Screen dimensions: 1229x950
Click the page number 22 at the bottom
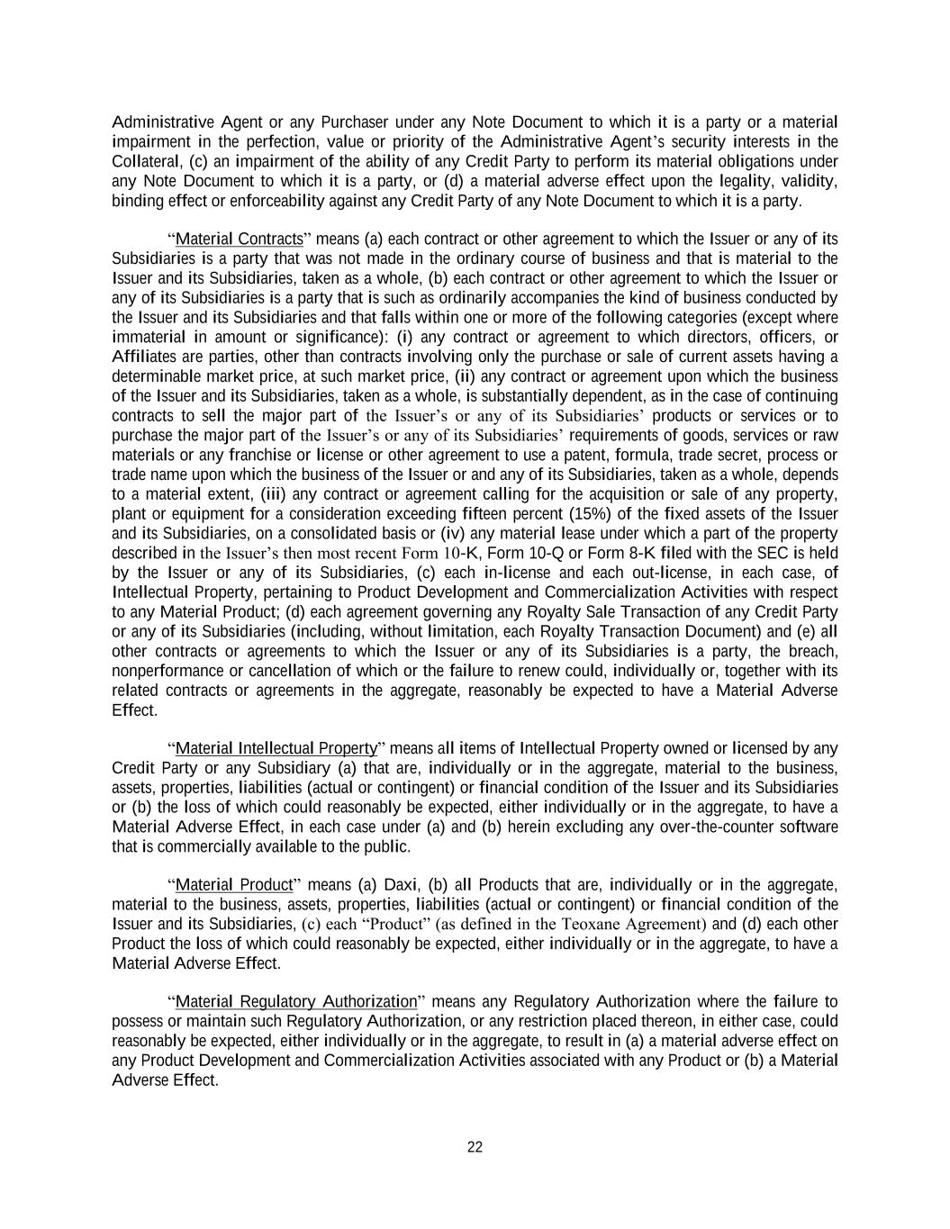(x=475, y=1147)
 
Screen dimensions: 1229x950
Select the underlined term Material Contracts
(x=240, y=239)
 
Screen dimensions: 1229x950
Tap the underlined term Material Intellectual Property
(x=276, y=749)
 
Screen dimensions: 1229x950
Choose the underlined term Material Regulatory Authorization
(x=296, y=1002)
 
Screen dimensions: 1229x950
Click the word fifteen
(x=488, y=514)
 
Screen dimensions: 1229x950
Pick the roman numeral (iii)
(x=274, y=494)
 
